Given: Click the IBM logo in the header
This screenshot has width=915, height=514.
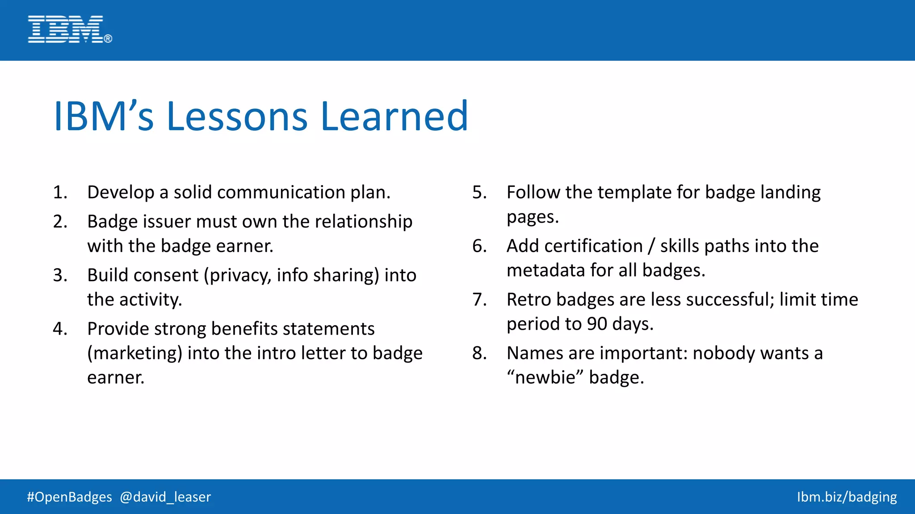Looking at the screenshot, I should (69, 29).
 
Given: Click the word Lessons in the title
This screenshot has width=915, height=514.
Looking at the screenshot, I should (237, 117).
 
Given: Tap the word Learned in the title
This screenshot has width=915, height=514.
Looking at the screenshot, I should (394, 117).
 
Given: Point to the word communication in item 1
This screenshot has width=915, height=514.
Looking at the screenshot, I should (281, 193).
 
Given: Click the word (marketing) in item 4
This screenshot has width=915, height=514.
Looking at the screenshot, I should (134, 353).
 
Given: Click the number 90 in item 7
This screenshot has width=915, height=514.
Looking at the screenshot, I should (597, 324).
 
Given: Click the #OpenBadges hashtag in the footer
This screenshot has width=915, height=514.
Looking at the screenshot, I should (69, 497).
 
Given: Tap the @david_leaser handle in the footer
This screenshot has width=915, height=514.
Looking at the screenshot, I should (165, 497).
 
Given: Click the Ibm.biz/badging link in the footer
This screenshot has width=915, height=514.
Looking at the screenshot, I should (847, 497).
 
